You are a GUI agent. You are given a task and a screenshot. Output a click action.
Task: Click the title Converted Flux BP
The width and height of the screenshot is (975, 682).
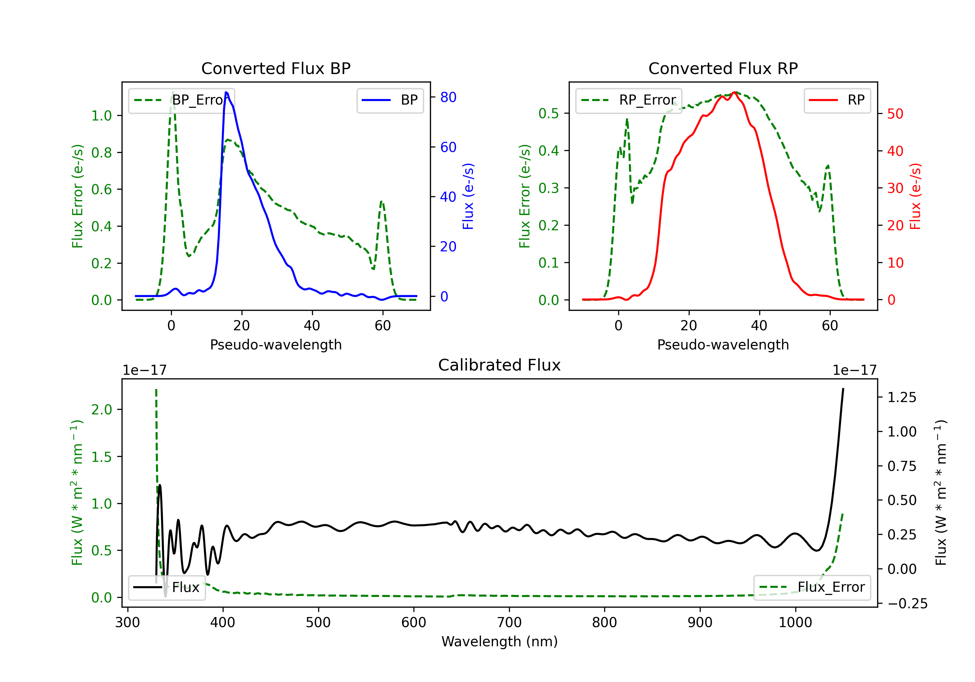coord(276,68)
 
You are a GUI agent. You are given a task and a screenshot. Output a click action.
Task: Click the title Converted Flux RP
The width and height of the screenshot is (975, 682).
coord(723,68)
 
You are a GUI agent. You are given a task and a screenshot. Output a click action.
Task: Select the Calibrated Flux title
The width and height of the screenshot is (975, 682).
coord(500,365)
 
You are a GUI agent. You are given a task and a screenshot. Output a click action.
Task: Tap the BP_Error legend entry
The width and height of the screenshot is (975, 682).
coord(181,100)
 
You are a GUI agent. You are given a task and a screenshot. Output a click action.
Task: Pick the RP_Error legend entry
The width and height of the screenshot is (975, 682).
coord(629,100)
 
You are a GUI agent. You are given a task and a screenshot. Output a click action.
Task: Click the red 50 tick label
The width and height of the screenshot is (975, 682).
coord(895,114)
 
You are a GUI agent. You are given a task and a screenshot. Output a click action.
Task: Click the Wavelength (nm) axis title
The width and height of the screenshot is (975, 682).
coord(500,641)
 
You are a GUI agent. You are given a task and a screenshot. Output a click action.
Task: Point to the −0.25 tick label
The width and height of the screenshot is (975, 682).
coord(907,603)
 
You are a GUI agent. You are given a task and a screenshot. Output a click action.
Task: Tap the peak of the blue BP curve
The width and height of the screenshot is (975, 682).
coord(226,92)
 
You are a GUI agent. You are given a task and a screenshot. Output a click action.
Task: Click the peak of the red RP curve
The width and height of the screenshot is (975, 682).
coord(734,92)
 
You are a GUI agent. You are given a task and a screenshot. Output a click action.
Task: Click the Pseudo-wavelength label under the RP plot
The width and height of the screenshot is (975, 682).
coord(723,345)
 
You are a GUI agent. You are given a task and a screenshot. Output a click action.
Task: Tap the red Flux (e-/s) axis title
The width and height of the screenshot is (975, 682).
coord(915,196)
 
